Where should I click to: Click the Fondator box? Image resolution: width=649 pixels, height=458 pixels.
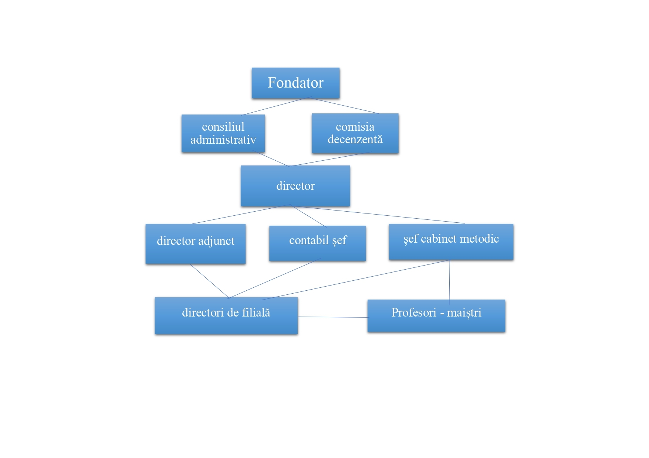295,83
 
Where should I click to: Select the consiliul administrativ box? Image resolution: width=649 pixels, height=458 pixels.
223,133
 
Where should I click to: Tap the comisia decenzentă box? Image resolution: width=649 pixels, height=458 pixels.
355,133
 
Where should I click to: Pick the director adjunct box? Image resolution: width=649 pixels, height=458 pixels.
195,243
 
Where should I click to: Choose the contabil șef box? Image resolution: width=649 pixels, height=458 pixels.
317,243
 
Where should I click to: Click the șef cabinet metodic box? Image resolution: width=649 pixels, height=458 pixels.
451,241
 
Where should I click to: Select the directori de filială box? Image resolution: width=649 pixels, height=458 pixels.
226,315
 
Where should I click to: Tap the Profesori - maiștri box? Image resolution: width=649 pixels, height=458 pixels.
436,315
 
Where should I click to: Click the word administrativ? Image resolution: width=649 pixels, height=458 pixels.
223,140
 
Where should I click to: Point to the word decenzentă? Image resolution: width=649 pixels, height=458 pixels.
355,139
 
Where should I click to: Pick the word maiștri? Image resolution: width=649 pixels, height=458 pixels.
464,313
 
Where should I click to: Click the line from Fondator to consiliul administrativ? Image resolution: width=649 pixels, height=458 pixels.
276,106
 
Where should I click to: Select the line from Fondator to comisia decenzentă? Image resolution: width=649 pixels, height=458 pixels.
345,106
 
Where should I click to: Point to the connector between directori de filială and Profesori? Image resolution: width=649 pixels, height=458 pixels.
333,317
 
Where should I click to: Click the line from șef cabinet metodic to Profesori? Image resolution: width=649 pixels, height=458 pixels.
449,281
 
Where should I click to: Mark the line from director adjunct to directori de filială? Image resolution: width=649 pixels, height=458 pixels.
209,281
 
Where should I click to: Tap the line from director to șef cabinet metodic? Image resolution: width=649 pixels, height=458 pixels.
381,215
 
